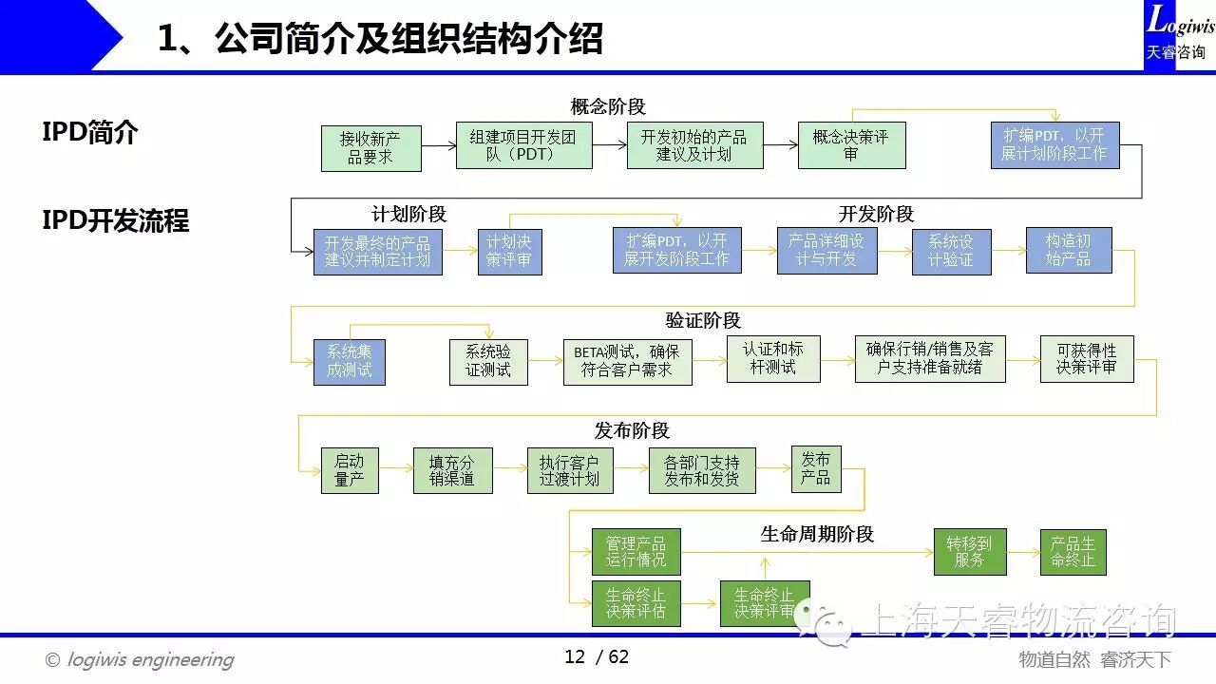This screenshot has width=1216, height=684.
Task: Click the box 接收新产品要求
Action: coord(370,147)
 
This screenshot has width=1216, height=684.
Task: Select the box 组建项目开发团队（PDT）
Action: coord(523,145)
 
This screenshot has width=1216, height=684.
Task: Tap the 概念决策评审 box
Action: coord(851,145)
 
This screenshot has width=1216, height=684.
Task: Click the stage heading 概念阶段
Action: coord(608,106)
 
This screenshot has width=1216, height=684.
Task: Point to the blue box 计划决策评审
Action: coord(509,252)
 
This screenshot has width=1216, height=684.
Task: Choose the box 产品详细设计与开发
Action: coord(826,251)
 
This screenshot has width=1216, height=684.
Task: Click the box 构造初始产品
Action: coord(1068,250)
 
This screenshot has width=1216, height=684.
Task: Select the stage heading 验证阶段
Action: coord(703,320)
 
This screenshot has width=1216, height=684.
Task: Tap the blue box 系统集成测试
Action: coord(349,361)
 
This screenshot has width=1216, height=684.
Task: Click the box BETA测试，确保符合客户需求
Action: coord(627,361)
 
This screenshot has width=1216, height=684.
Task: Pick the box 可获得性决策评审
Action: coord(1087,358)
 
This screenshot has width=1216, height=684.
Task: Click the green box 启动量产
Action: coord(349,470)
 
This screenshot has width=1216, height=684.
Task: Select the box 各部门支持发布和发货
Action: coord(702,470)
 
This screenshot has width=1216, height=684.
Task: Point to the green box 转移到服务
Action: coord(969,551)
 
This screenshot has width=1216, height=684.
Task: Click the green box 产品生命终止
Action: coord(1073,552)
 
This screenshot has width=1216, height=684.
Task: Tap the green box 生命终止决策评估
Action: coord(636,603)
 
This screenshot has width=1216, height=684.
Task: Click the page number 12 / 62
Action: coord(597,657)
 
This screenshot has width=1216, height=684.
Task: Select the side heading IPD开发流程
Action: coord(116,221)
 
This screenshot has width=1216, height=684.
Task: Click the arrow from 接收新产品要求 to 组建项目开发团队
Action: coord(439,146)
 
